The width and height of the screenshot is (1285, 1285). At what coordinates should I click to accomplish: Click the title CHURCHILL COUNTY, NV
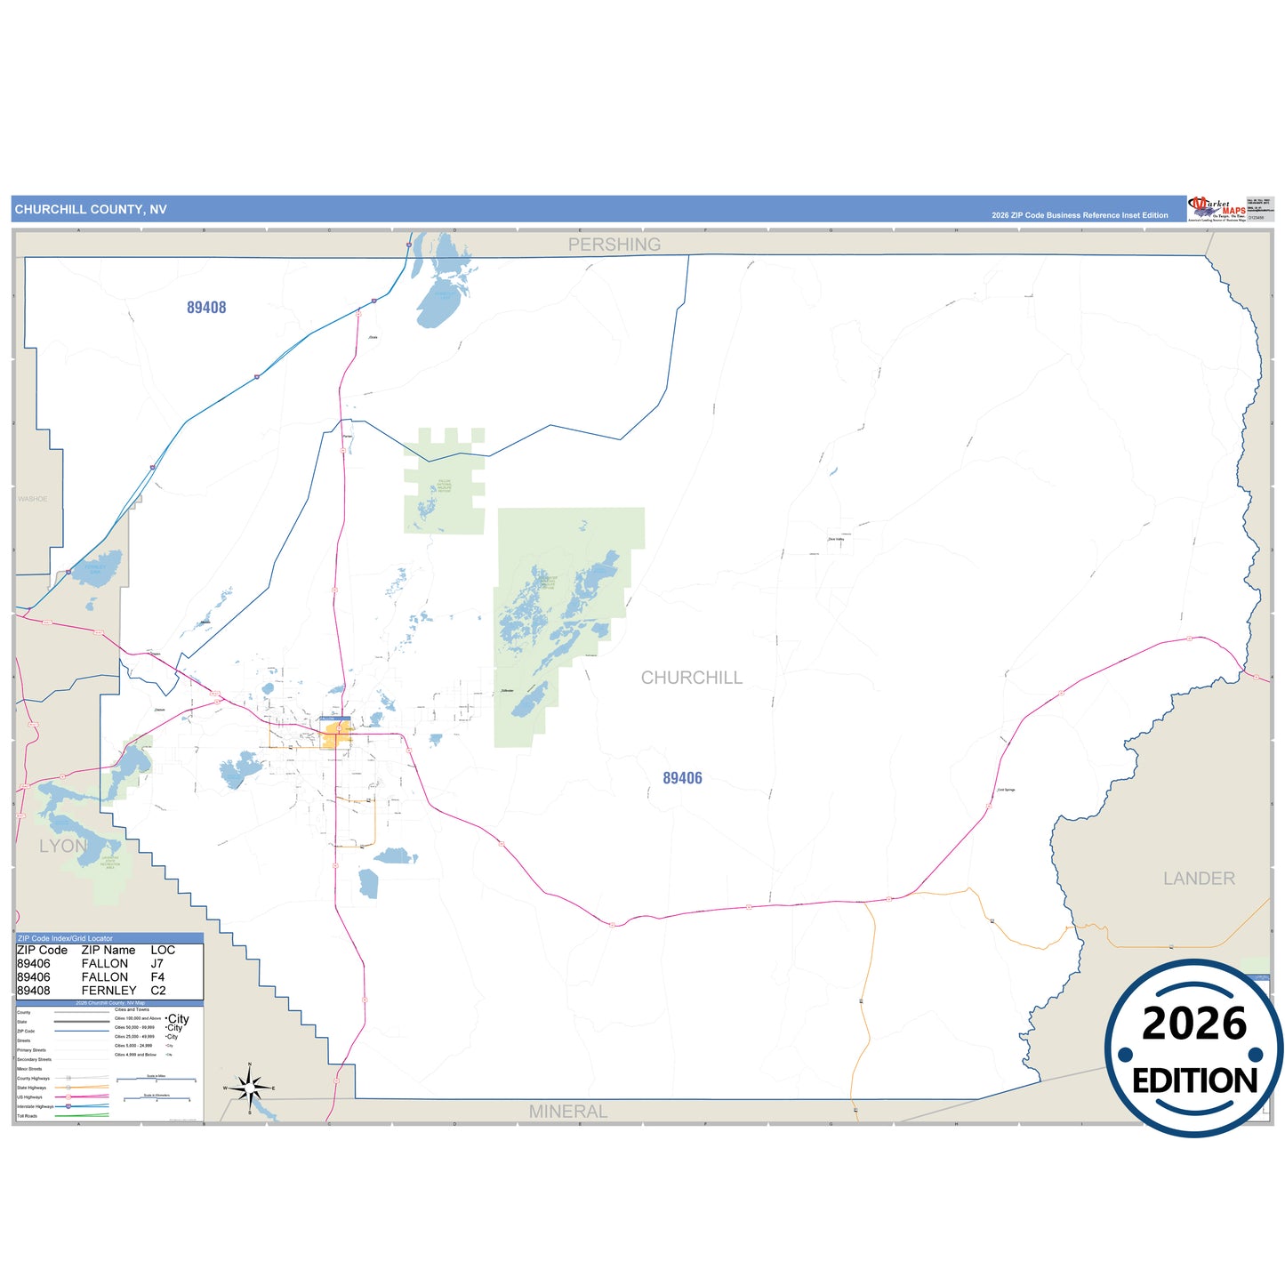(91, 210)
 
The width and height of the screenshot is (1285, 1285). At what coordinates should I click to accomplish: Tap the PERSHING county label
(614, 245)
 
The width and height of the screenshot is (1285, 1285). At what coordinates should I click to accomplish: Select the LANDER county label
(1199, 879)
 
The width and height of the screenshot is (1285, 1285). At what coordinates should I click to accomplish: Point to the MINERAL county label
(568, 1112)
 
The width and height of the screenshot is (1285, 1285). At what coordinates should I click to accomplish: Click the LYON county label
(63, 846)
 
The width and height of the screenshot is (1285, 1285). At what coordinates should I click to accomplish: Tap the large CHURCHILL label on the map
(692, 678)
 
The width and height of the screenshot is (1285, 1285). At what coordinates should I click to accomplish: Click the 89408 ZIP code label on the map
(206, 308)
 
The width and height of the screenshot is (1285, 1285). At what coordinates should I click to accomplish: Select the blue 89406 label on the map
(682, 778)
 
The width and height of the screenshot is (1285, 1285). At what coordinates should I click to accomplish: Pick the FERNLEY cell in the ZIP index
(108, 991)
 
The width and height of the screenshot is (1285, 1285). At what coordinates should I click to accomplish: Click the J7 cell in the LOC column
(157, 964)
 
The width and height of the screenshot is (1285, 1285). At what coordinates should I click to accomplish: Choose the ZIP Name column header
(108, 951)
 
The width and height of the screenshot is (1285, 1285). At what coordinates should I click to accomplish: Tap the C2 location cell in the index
(158, 991)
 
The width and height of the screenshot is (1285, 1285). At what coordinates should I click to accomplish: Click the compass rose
(250, 1088)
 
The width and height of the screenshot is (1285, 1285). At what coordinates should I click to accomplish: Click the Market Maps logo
(1217, 209)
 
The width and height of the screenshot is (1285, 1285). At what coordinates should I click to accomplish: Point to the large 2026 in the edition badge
(1194, 1024)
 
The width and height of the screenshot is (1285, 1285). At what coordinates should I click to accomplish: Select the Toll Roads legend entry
(28, 1116)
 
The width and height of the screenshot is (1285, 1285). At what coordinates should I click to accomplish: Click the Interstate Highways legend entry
(35, 1106)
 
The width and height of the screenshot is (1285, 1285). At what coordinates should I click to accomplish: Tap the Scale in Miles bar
(157, 1080)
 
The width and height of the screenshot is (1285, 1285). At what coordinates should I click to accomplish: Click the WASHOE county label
(33, 499)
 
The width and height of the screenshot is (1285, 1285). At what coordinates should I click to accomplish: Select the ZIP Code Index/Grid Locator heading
(66, 938)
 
